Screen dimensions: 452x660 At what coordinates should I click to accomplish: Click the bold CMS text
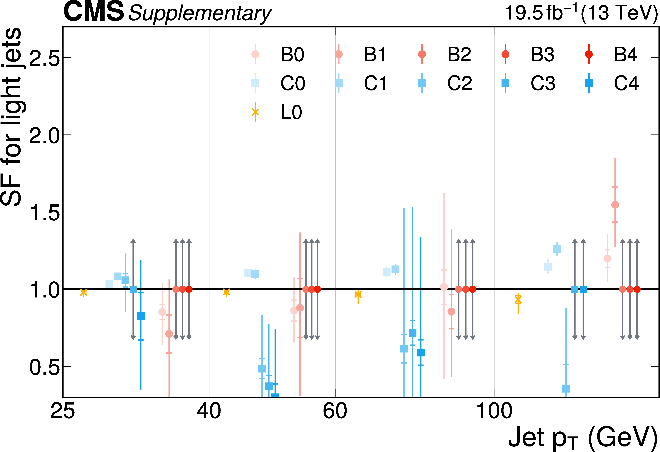click(x=94, y=12)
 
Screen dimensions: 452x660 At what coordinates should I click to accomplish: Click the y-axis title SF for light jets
click(x=11, y=117)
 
